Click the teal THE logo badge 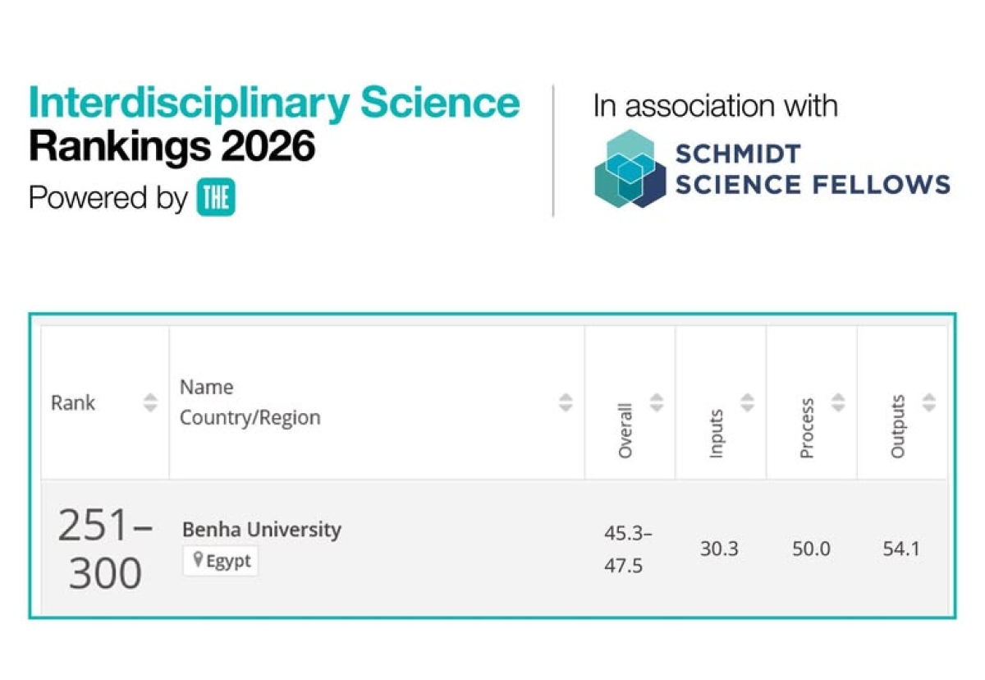[216, 199]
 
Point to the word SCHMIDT [737, 153]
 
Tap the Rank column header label [73, 402]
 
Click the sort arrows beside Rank [149, 402]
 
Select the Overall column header [625, 430]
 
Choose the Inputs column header [717, 433]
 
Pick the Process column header [807, 429]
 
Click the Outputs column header [898, 427]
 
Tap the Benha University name [261, 530]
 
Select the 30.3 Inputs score [718, 549]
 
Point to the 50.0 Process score [811, 549]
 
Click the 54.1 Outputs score [900, 549]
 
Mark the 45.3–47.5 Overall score [628, 549]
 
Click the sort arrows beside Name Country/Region [566, 402]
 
